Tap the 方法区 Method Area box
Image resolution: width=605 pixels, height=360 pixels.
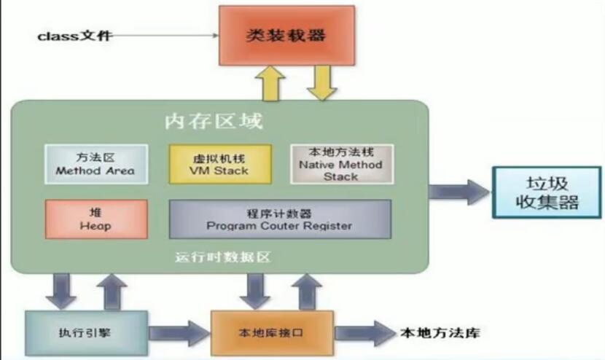(95, 164)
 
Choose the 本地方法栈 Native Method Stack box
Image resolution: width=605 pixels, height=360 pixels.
(340, 163)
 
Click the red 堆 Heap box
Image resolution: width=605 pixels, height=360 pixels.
(95, 218)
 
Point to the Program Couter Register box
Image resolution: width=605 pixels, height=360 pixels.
(279, 219)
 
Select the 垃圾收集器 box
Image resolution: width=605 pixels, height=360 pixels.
(547, 192)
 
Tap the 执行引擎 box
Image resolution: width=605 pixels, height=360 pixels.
(86, 333)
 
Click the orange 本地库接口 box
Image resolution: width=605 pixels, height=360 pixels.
(271, 334)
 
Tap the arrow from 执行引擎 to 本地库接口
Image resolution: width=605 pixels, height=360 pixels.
(179, 334)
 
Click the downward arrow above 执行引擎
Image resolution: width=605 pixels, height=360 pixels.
(61, 291)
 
